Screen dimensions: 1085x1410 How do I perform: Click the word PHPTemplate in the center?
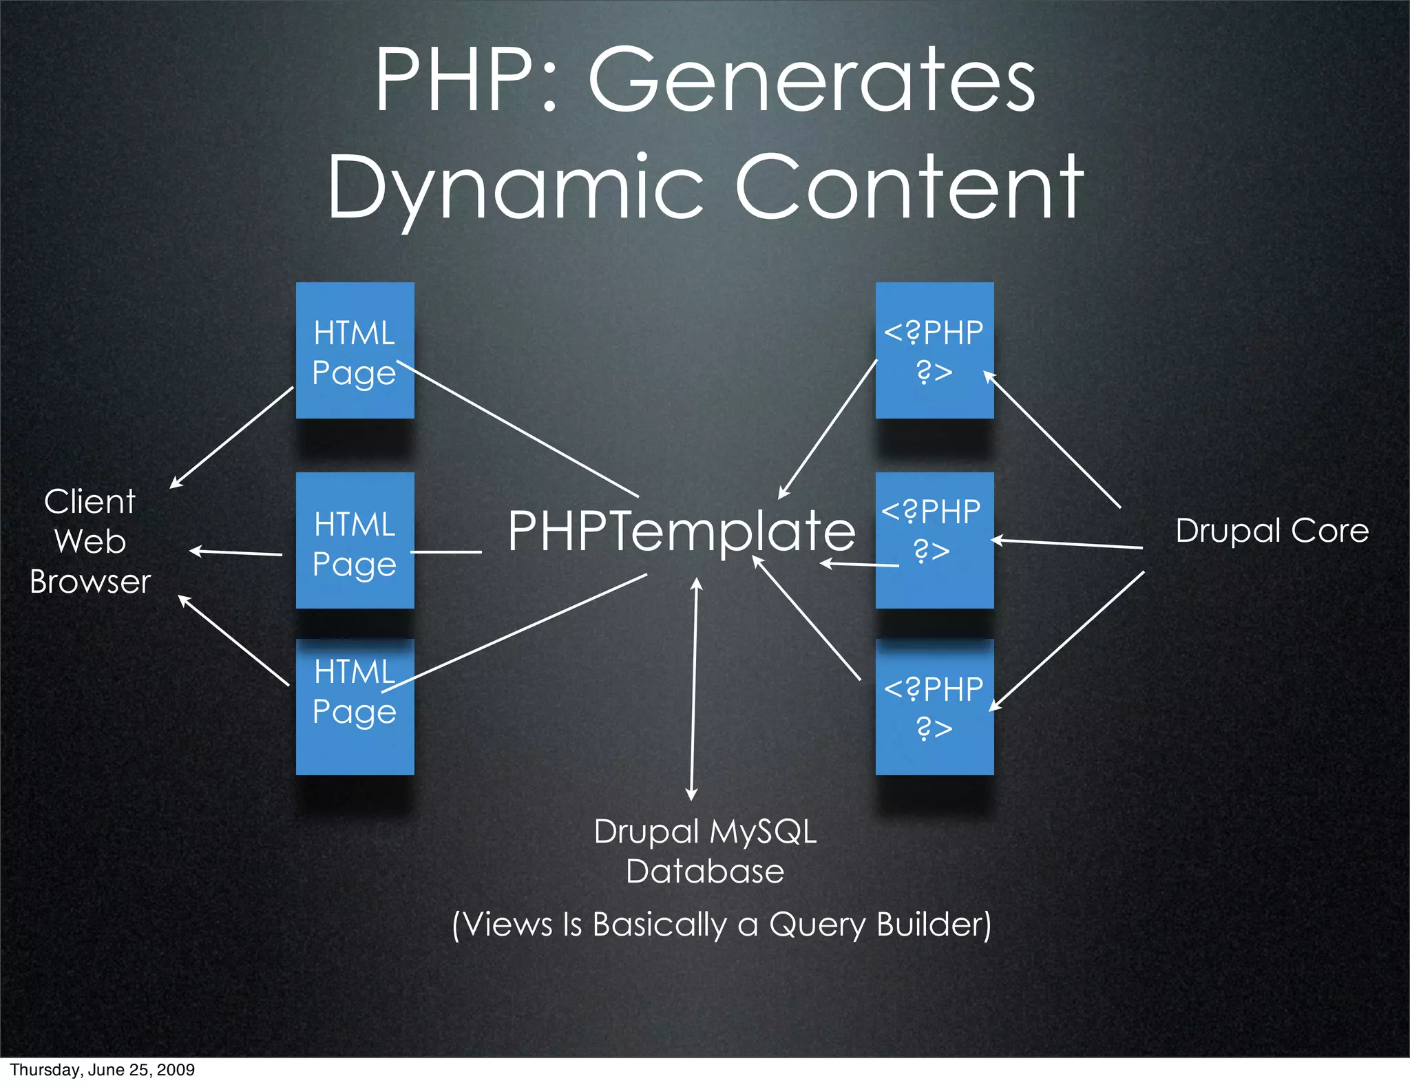[x=681, y=531]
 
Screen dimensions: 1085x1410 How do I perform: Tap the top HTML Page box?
[x=355, y=350]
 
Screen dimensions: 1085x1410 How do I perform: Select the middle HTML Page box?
[x=355, y=540]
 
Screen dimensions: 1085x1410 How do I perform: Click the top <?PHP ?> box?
[x=934, y=350]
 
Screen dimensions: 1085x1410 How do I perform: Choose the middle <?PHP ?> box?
[x=934, y=540]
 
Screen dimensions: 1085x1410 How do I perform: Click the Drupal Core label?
[x=1272, y=531]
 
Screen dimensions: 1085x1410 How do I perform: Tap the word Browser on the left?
[x=90, y=582]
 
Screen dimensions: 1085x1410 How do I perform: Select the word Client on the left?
[x=90, y=501]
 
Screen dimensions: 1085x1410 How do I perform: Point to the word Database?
[x=705, y=872]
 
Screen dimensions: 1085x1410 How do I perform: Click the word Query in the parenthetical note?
[x=817, y=925]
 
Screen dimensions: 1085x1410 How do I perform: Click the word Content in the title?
[x=909, y=187]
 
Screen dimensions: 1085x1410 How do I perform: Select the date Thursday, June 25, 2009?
[x=102, y=1070]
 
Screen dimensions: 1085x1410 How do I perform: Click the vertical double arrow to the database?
[x=694, y=688]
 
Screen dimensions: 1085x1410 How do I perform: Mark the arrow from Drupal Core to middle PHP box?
[x=1067, y=544]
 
